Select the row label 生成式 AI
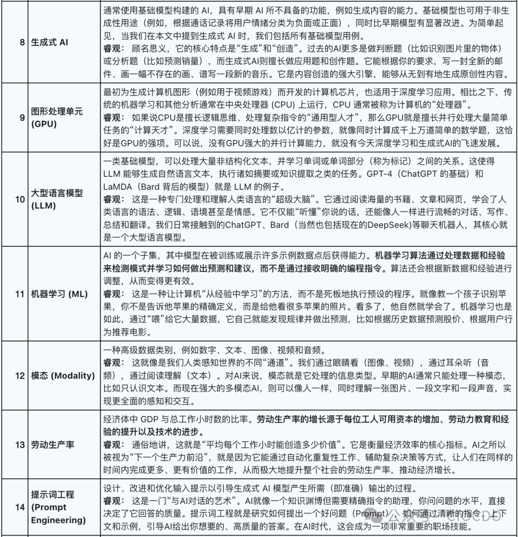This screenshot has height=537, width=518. point(49,42)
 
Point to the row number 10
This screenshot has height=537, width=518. point(20,199)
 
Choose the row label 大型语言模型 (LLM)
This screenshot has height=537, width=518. point(57,199)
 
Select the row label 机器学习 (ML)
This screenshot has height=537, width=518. point(59,294)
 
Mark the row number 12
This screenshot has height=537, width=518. point(20,376)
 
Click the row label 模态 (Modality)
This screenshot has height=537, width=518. point(63,376)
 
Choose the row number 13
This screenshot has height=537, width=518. point(20,445)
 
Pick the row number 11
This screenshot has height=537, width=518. point(20,294)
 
